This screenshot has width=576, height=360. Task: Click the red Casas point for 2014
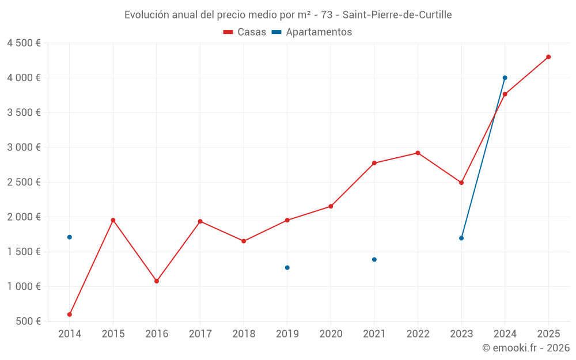70,314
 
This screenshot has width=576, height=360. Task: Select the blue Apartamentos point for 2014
70,237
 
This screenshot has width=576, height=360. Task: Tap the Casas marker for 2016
157,281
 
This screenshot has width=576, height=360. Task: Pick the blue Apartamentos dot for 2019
287,267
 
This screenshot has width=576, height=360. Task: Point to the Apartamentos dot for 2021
374,259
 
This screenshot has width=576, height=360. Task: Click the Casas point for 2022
418,153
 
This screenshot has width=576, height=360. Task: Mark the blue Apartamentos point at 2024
505,78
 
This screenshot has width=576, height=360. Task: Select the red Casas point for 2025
548,57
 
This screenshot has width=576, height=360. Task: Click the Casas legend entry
245,32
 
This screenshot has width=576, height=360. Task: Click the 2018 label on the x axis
244,334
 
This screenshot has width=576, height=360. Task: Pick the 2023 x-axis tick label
461,334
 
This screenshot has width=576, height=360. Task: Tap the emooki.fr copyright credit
525,348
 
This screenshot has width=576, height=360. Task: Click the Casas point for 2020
331,206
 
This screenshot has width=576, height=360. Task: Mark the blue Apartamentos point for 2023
461,238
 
